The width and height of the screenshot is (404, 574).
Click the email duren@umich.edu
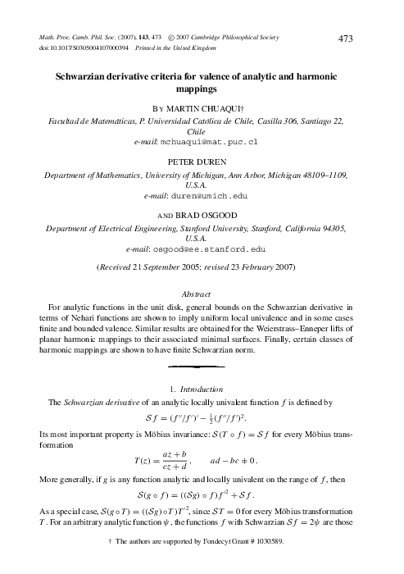point(207,196)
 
